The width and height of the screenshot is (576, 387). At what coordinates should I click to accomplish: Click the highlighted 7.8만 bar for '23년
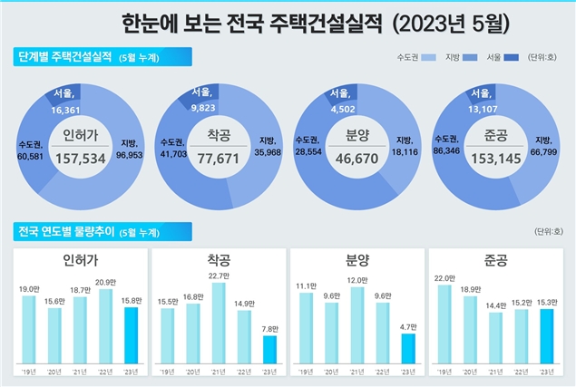coord(269,350)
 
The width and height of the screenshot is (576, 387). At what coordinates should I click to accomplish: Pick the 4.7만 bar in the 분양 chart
coord(408,349)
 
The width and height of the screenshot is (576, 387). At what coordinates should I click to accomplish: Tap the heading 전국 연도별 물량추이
coord(65,231)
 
